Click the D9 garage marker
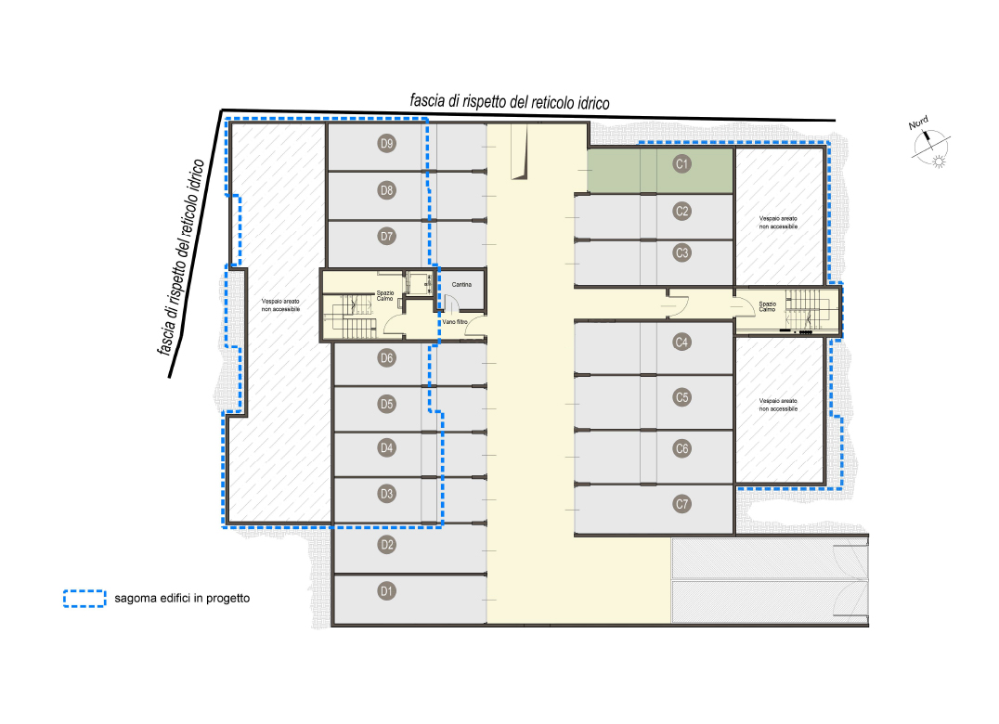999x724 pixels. click(x=387, y=143)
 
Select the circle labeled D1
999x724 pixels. click(x=387, y=591)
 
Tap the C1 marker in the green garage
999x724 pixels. click(x=681, y=163)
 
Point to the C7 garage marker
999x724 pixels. click(x=681, y=504)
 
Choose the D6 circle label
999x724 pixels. click(x=387, y=358)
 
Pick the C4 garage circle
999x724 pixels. click(x=681, y=342)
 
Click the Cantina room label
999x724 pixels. click(x=461, y=285)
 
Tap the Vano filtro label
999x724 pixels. click(x=455, y=322)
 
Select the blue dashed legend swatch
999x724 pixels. click(x=84, y=599)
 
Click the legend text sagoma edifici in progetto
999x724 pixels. click(x=182, y=599)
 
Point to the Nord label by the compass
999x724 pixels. click(x=918, y=123)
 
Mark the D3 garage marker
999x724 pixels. click(x=387, y=494)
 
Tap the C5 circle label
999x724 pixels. click(x=681, y=397)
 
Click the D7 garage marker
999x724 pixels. click(x=387, y=237)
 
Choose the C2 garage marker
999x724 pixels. click(x=681, y=211)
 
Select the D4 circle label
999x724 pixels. click(x=387, y=447)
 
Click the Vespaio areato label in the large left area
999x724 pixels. click(x=280, y=305)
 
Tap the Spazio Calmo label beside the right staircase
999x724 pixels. click(x=767, y=306)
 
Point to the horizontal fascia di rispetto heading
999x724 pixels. click(x=510, y=102)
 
